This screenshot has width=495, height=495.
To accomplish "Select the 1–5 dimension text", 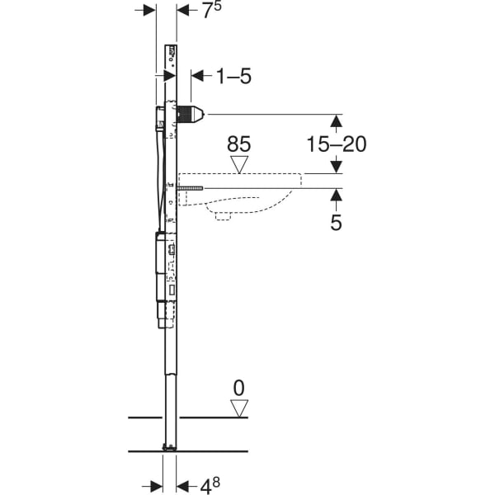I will click(x=233, y=77).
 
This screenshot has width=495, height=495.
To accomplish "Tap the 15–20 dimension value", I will click(x=336, y=144).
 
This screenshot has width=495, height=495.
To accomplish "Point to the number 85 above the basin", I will click(x=238, y=144).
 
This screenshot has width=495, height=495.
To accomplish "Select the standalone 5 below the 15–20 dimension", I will click(x=336, y=222).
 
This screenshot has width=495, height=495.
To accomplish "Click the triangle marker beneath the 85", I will click(x=239, y=163).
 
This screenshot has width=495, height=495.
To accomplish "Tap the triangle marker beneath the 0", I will click(x=239, y=408).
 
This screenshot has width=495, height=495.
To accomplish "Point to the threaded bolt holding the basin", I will click(x=191, y=188).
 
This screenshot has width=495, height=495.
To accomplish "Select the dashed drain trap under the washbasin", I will click(x=223, y=216).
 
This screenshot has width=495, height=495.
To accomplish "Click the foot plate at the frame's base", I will click(x=169, y=447).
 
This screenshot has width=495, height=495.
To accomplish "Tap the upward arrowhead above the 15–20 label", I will click(x=336, y=120).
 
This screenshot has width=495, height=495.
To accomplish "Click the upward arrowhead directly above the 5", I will click(x=336, y=195).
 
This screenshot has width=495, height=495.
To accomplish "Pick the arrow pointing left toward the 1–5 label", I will click(x=198, y=77).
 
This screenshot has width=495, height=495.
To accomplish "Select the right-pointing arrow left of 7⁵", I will click(x=149, y=10).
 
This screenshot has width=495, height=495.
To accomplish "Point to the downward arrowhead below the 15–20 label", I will click(x=336, y=167).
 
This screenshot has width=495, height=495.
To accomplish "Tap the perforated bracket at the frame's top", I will click(x=172, y=54).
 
